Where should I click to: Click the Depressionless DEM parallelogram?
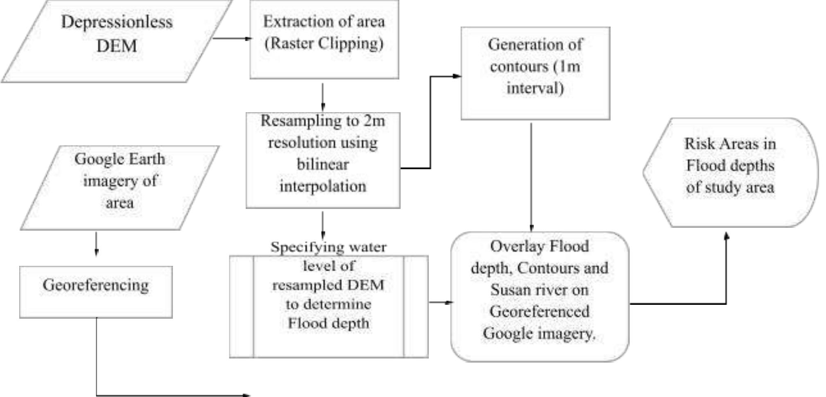pos(117,41)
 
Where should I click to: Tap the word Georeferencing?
pos(95,285)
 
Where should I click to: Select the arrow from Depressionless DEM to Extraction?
pos(231,39)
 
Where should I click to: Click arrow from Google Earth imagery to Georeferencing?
pos(96,244)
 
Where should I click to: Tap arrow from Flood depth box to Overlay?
pos(440,302)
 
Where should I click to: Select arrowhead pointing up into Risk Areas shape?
pos(726,236)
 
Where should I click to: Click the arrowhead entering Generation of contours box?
pos(456,76)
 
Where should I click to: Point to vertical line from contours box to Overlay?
pos(531,176)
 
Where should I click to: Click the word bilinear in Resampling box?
pos(323,164)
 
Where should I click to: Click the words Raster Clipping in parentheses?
pos(324,43)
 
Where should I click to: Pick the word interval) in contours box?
pos(535,88)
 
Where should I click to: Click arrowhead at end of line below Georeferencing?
pos(247,395)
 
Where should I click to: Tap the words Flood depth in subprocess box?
pos(328,323)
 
